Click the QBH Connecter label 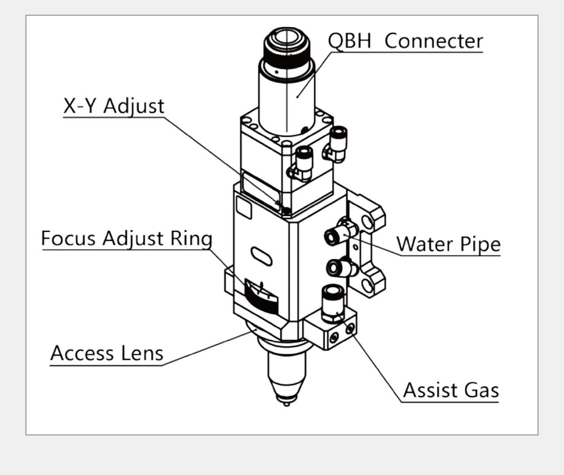[406, 41]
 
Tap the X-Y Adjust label [113, 107]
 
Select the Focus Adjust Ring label [126, 239]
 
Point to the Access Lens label [107, 354]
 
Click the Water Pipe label [448, 244]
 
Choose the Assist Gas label [451, 390]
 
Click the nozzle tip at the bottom [287, 402]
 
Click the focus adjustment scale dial [261, 297]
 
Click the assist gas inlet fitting [332, 302]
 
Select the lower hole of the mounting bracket [367, 285]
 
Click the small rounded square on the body [244, 208]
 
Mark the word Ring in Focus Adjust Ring [191, 239]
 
